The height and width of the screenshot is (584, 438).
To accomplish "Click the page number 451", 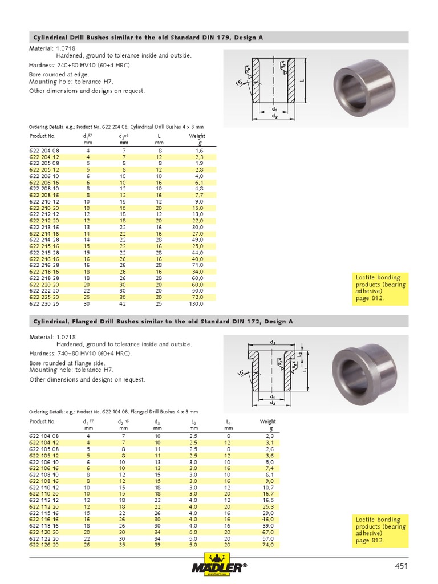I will (401, 566).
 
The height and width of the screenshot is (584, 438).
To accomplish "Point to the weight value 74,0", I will (267, 545).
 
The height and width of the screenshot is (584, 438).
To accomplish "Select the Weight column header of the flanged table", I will (267, 421).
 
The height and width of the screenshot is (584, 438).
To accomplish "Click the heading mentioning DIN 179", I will (147, 38).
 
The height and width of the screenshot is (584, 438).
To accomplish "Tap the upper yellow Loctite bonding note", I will (380, 288).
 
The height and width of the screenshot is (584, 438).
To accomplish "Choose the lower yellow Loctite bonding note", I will (380, 530).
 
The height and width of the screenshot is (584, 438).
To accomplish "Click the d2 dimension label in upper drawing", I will (274, 116).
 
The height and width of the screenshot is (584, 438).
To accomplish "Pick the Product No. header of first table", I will (43, 136).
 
